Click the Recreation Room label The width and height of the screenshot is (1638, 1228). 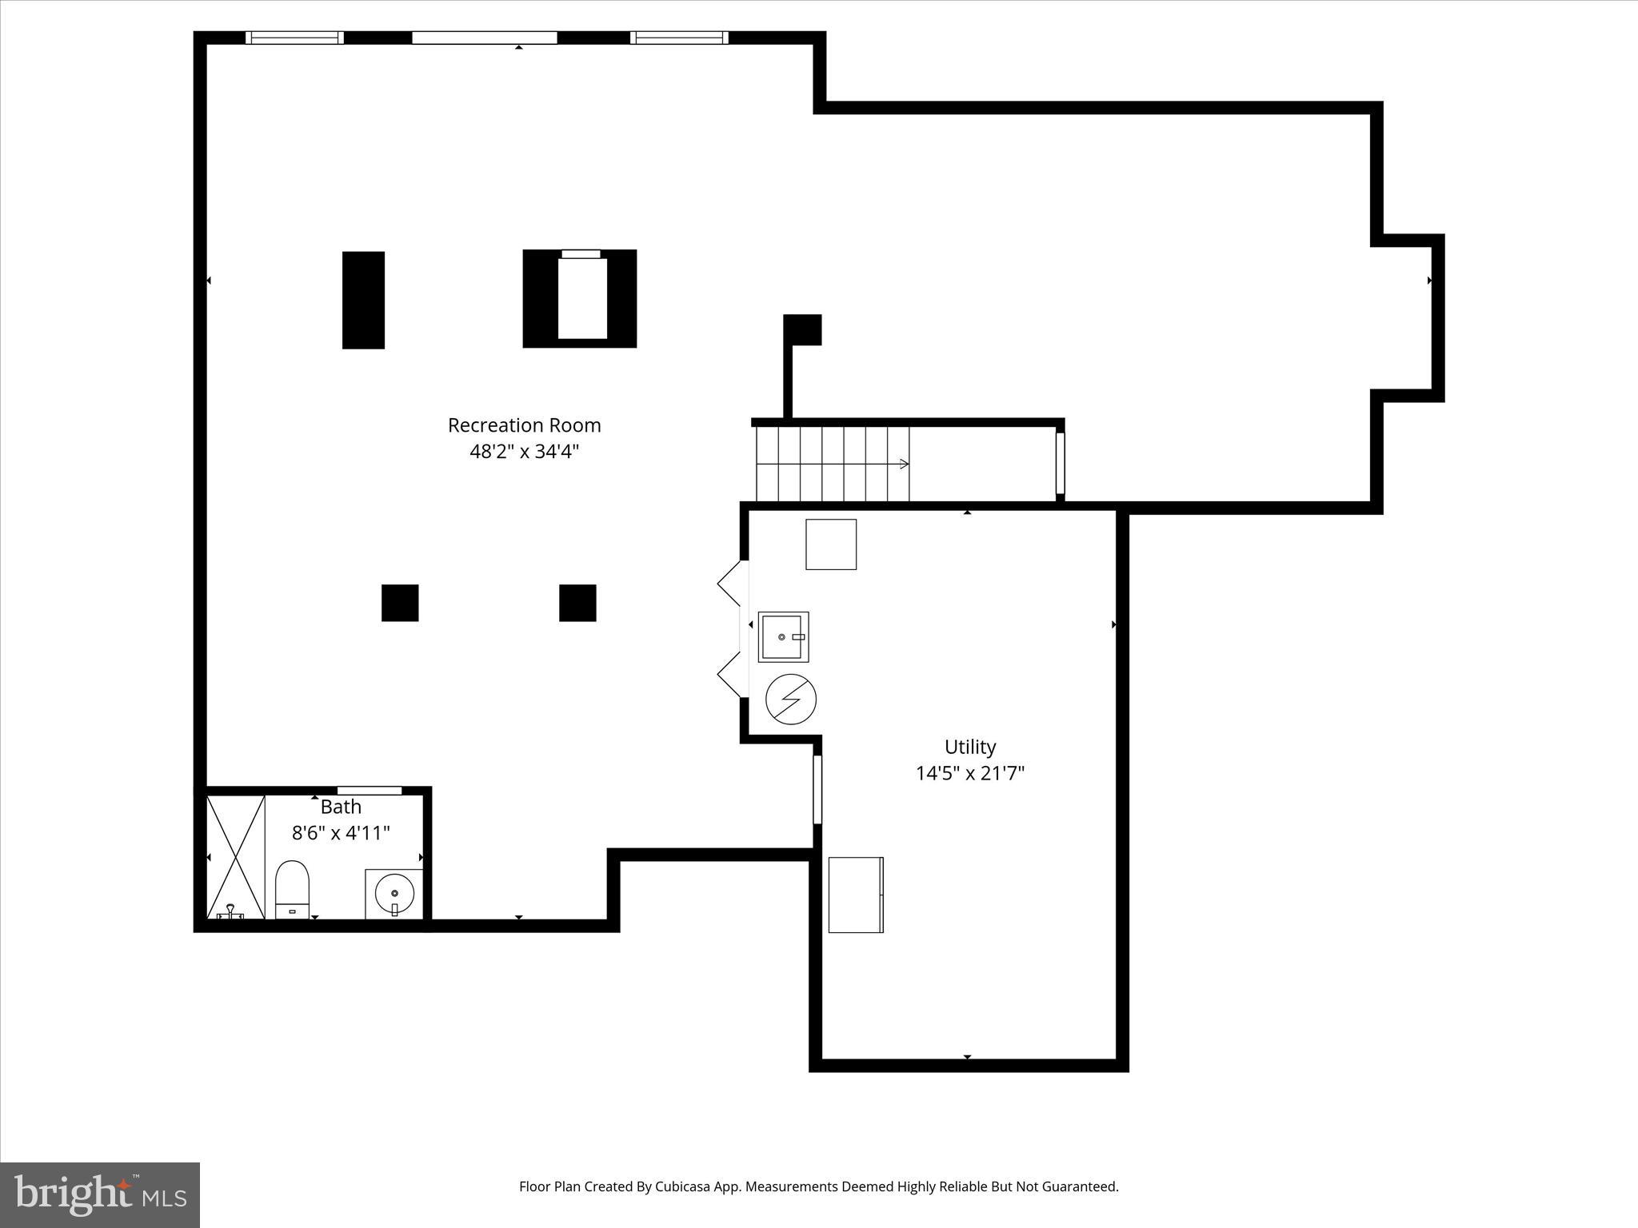[x=524, y=425]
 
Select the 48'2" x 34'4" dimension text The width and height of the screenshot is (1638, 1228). [x=524, y=452]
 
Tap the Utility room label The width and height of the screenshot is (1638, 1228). [x=969, y=747]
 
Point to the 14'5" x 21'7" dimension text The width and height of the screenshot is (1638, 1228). [x=969, y=773]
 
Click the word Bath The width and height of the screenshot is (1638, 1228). [x=341, y=807]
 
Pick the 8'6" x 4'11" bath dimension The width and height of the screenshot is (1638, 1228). [x=341, y=833]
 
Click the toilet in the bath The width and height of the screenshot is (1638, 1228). [x=292, y=889]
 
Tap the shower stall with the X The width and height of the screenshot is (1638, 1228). [x=236, y=856]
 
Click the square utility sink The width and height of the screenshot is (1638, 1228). [x=783, y=637]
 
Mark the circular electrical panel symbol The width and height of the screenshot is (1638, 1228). [x=790, y=700]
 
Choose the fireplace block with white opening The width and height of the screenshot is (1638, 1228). [x=580, y=298]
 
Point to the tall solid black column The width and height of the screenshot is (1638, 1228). [x=363, y=300]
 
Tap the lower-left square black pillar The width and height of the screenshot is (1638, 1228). [x=400, y=603]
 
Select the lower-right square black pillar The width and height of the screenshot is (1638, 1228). [x=577, y=603]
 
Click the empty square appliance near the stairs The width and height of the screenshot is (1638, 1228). [x=831, y=544]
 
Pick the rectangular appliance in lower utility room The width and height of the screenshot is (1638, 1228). [x=856, y=895]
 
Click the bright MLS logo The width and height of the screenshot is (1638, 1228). [x=100, y=1195]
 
